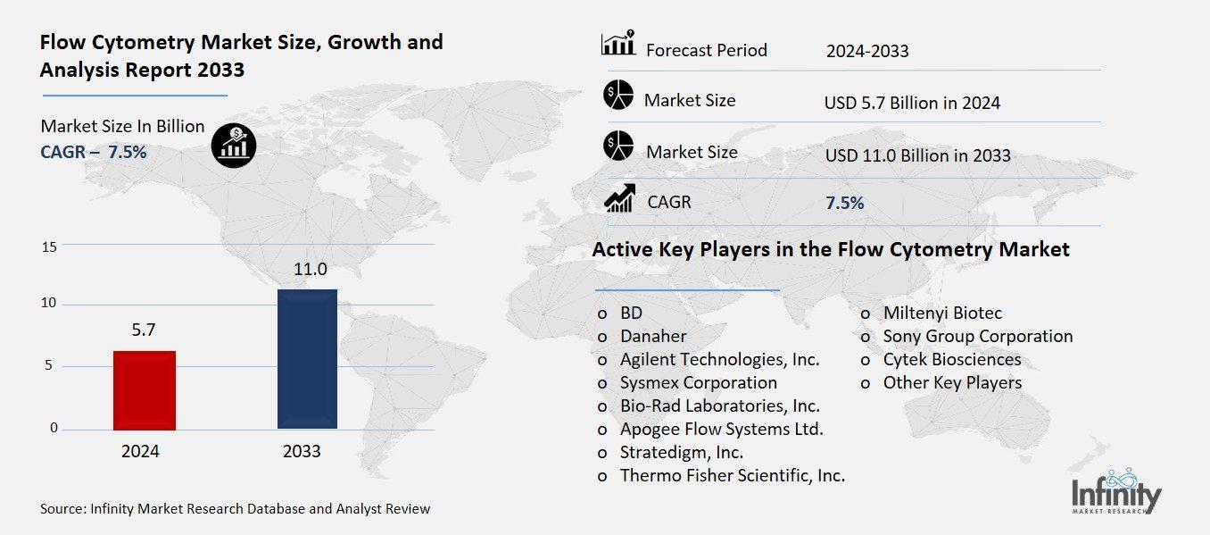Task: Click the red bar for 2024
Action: [x=145, y=390]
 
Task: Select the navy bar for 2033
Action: [x=307, y=359]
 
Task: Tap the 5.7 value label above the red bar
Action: [x=144, y=330]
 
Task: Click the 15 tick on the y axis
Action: [x=49, y=247]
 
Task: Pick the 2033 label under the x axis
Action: [x=302, y=451]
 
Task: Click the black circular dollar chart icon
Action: [x=234, y=145]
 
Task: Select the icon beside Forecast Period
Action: [x=617, y=43]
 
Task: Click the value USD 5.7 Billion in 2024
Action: [x=912, y=103]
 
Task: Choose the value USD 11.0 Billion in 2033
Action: [x=917, y=155]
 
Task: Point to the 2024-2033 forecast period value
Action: [x=866, y=51]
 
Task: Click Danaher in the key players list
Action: [x=653, y=336]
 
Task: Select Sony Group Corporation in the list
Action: [x=977, y=336]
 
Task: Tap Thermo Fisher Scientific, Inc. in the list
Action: [x=732, y=475]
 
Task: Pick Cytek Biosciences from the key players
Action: [x=951, y=359]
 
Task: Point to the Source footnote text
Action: [x=235, y=509]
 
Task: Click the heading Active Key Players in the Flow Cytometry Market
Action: [x=830, y=249]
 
